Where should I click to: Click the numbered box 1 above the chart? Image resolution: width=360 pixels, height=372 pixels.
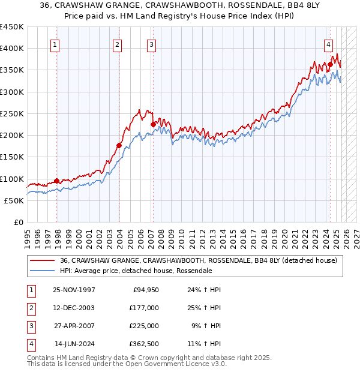(x=55, y=44)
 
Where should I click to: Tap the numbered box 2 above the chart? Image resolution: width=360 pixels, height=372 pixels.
(x=117, y=44)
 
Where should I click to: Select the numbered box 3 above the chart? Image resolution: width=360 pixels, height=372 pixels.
(x=151, y=44)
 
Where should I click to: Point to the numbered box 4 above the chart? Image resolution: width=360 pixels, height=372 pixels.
(x=329, y=44)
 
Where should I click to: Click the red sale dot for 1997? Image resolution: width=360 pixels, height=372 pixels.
(x=57, y=181)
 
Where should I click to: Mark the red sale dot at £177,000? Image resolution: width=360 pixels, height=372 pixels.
(x=119, y=145)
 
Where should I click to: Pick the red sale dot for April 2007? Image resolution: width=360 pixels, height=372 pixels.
(x=153, y=124)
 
